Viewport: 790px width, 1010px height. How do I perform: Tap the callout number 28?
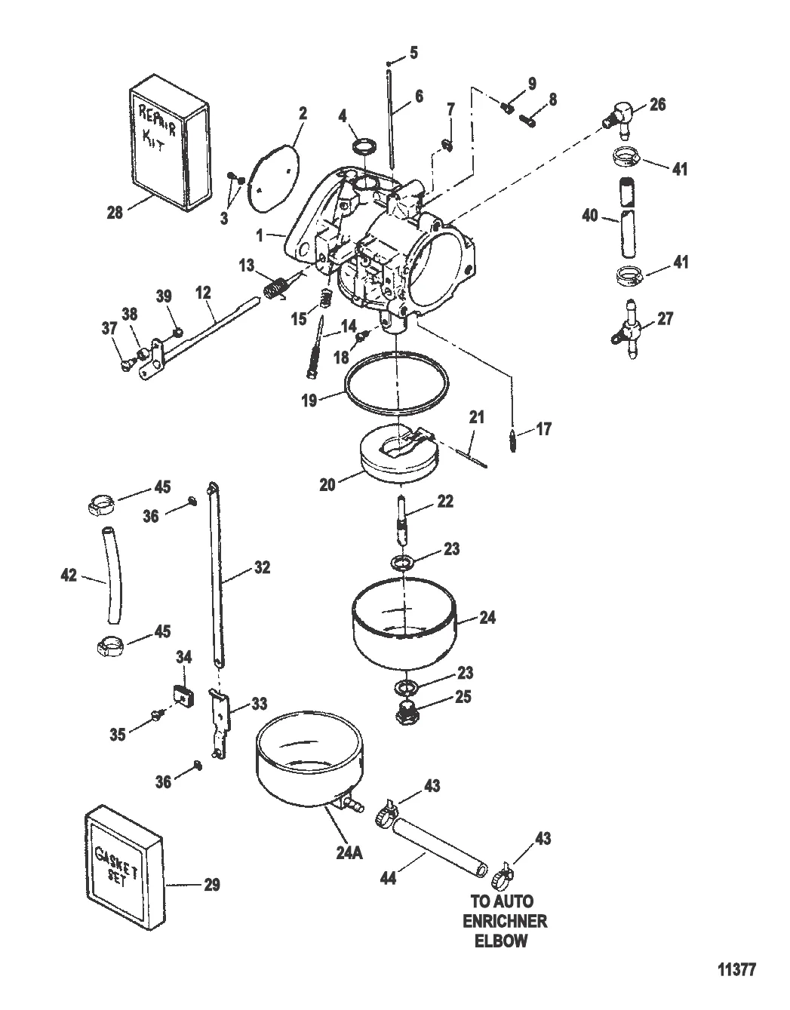115,213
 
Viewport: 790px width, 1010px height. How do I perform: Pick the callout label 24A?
349,852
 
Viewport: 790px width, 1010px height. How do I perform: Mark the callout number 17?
543,429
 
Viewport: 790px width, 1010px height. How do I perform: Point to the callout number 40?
589,217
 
